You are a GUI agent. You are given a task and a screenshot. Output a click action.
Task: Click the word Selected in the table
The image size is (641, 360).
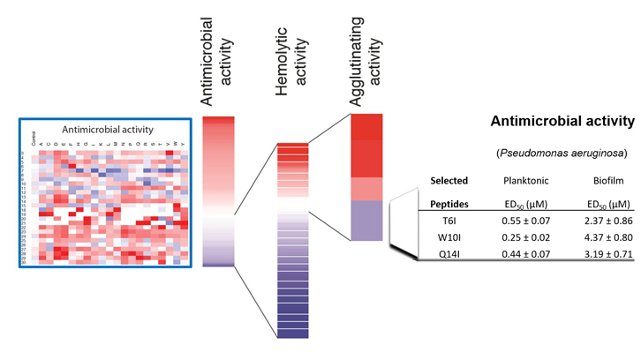click(x=449, y=181)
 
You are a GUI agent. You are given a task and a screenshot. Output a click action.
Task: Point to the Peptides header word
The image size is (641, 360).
click(x=449, y=204)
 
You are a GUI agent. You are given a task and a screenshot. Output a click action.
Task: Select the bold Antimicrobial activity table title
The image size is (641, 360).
click(x=562, y=122)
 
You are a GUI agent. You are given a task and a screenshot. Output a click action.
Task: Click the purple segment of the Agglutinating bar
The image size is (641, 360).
click(x=366, y=221)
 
